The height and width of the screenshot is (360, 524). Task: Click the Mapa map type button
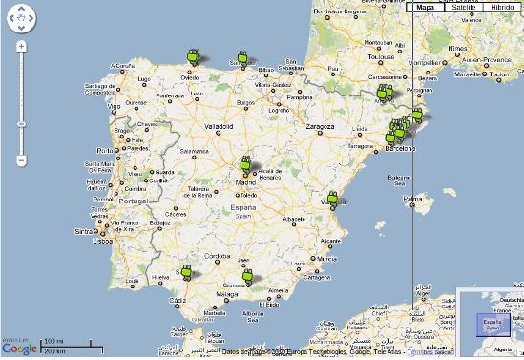click(x=425, y=6)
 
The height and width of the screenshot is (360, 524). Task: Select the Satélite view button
click(x=464, y=6)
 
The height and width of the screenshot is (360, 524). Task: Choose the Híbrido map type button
click(x=502, y=6)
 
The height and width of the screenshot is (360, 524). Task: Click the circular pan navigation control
click(x=21, y=18)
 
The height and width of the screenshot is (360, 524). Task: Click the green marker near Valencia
click(x=333, y=200)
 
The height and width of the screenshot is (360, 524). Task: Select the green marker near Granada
click(x=247, y=278)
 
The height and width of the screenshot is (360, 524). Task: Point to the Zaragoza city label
click(x=320, y=126)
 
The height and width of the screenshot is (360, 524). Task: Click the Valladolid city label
click(x=219, y=126)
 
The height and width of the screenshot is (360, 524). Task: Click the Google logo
click(x=20, y=348)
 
